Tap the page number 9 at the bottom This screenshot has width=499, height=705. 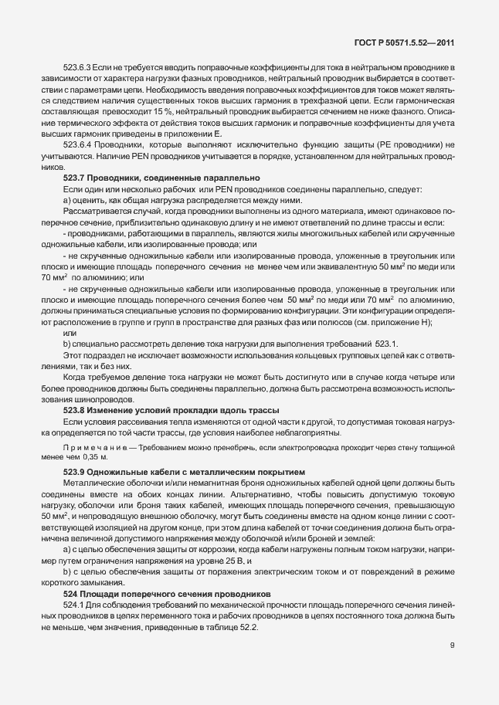coord(453,646)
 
